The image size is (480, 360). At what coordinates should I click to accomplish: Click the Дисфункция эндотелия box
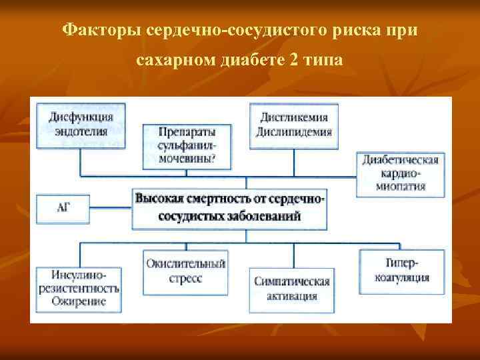[81, 123]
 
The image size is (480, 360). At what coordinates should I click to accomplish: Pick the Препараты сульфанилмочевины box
[187, 145]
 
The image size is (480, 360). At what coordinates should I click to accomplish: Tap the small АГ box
[65, 208]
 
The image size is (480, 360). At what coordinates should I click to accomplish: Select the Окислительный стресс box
[185, 271]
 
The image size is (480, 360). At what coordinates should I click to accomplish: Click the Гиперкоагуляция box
[401, 271]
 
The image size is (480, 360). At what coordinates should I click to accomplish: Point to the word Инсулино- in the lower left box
[78, 275]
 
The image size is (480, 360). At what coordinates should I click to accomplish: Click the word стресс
[185, 278]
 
